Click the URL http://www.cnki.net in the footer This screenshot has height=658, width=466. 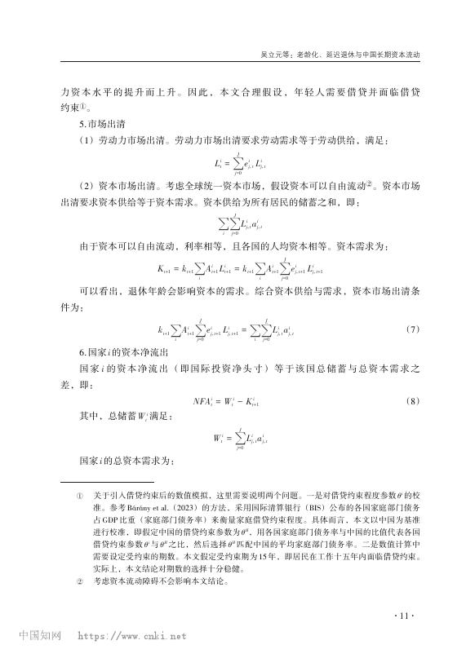[131, 638]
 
